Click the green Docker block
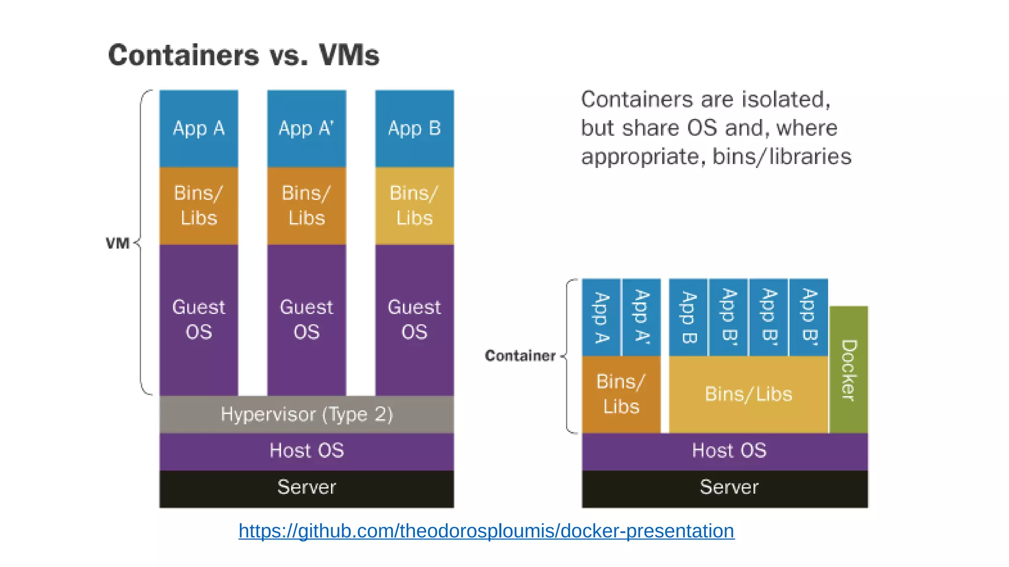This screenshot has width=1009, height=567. [848, 370]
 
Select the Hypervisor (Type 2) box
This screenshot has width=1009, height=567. [306, 414]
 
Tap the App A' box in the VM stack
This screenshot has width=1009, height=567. [306, 128]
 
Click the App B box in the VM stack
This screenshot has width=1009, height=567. [414, 128]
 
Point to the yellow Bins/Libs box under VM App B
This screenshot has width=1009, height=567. [414, 206]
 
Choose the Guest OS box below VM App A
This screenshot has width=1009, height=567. [199, 320]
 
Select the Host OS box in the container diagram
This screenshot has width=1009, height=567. [725, 451]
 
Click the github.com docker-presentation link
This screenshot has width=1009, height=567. [486, 531]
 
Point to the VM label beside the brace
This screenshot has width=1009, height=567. [118, 243]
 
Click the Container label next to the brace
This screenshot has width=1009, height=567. [520, 355]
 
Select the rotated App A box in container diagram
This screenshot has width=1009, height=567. [601, 317]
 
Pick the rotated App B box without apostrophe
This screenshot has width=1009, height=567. [688, 317]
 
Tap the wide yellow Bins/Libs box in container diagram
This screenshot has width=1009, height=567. [748, 394]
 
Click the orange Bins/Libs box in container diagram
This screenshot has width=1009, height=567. [621, 394]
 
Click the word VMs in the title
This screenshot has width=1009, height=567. [349, 55]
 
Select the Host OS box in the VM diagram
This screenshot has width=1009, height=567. [306, 451]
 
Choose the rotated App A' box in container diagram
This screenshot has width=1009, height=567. [641, 317]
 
